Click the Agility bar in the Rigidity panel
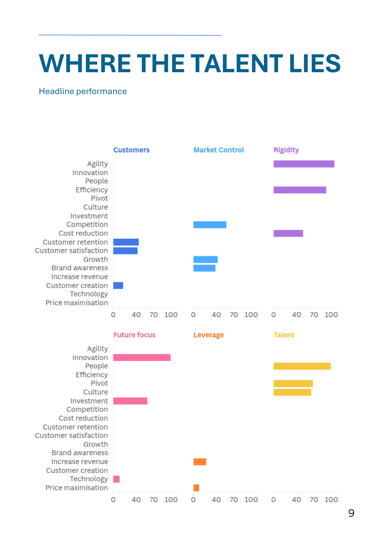[x=304, y=164]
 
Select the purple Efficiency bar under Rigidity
[x=300, y=190]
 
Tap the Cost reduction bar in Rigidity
[x=288, y=233]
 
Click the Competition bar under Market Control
[x=210, y=225]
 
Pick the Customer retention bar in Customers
[x=126, y=242]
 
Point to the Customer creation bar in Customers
[x=118, y=286]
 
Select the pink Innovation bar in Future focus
[x=142, y=357]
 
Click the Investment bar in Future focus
[x=130, y=401]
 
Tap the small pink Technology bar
[x=116, y=479]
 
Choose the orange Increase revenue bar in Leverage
[x=200, y=462]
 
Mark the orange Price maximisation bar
[x=196, y=488]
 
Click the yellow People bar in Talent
[x=302, y=366]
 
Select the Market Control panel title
[x=219, y=150]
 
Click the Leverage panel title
[x=209, y=335]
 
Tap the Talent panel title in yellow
[x=284, y=335]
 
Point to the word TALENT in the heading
[x=236, y=63]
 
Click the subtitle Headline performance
[x=83, y=91]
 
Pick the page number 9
[x=351, y=513]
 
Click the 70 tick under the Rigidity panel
[x=314, y=315]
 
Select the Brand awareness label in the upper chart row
[x=80, y=268]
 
